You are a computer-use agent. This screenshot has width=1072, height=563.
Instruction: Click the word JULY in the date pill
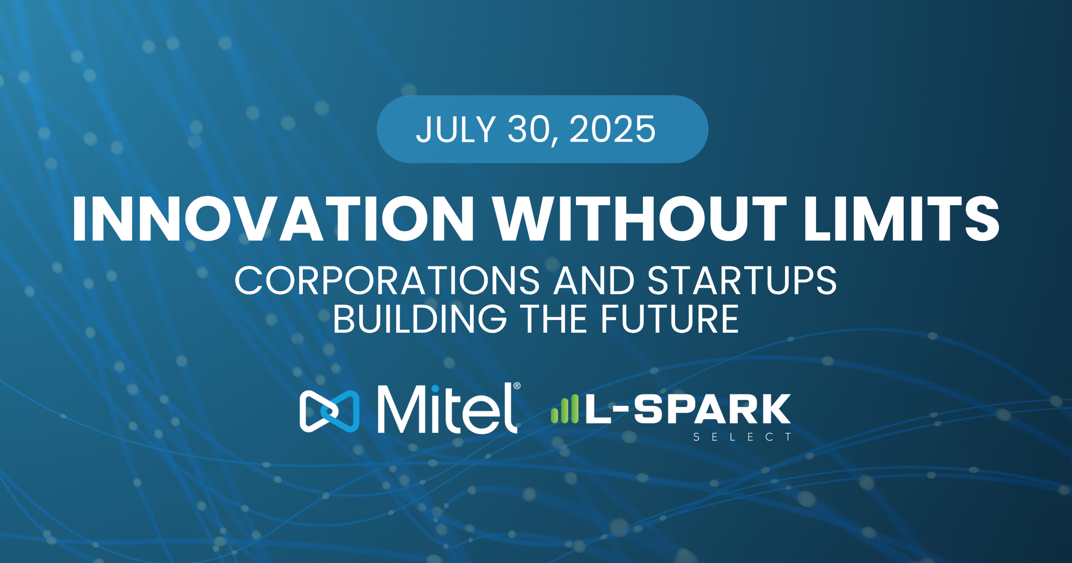click(456, 129)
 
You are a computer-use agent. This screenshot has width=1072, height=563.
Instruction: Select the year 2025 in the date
click(612, 129)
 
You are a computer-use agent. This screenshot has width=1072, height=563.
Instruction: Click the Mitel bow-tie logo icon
click(329, 411)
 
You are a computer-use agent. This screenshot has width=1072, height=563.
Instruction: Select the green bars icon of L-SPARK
click(565, 409)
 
